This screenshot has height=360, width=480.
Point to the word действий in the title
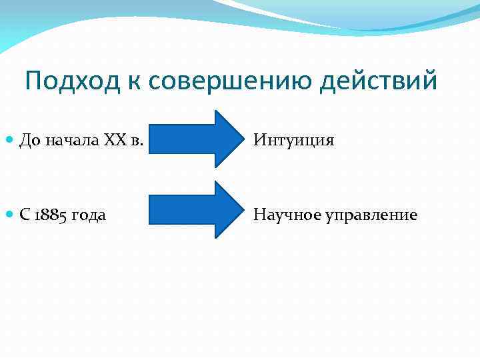tap(380, 81)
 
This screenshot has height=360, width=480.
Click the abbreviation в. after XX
tap(138, 140)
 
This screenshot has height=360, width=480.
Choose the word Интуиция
tap(293, 141)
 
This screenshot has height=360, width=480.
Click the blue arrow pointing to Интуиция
tap(193, 138)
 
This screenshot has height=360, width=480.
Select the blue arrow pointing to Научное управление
tap(193, 209)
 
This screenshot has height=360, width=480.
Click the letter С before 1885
tap(25, 215)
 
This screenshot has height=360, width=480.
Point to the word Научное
tap(285, 215)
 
